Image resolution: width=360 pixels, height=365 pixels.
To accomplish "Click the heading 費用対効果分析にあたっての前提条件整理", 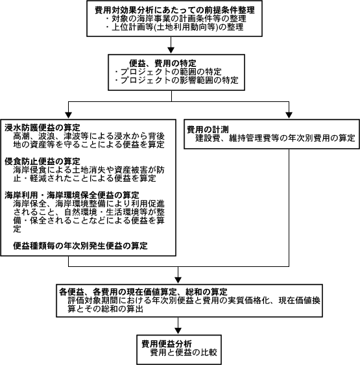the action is [174, 10].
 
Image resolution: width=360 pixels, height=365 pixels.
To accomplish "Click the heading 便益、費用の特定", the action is [163, 63].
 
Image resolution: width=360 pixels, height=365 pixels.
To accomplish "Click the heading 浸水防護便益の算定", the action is [42, 127].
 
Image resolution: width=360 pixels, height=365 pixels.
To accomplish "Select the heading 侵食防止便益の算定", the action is [42, 161].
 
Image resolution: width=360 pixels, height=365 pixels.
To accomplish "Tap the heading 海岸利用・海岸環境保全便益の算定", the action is [72, 195].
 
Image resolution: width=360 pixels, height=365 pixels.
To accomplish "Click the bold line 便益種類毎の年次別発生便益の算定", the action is [80, 245].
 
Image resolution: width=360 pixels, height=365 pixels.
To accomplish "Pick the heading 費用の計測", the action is [208, 129].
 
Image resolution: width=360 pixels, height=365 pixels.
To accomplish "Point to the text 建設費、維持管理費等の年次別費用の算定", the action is [275, 138].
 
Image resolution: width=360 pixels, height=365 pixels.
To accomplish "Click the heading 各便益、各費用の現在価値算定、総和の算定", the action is [143, 292].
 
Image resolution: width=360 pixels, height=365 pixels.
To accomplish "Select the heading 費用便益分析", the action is [167, 344].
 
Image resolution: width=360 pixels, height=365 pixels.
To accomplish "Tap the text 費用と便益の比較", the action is [184, 352].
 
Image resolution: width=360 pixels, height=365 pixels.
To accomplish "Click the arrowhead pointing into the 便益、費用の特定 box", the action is [171, 51].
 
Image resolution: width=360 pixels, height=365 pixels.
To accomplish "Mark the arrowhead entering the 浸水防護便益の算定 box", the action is [68, 115].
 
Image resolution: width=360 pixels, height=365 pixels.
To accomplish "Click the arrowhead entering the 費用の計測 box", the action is [289, 115].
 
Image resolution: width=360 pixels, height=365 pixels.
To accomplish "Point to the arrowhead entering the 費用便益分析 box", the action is [178, 331].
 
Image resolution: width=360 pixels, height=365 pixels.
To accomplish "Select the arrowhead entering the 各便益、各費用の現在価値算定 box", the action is [178, 280].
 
